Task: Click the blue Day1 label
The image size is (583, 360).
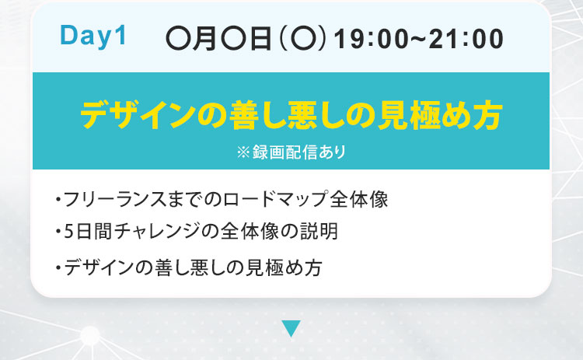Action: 93,37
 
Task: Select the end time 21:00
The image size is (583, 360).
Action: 466,39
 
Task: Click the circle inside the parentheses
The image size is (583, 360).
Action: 302,40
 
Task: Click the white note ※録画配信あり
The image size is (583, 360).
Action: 291,152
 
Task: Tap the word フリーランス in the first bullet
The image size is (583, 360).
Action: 115,199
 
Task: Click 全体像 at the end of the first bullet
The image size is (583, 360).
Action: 359,199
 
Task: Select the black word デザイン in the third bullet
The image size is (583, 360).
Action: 99,267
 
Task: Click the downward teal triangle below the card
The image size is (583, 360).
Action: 291,328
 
